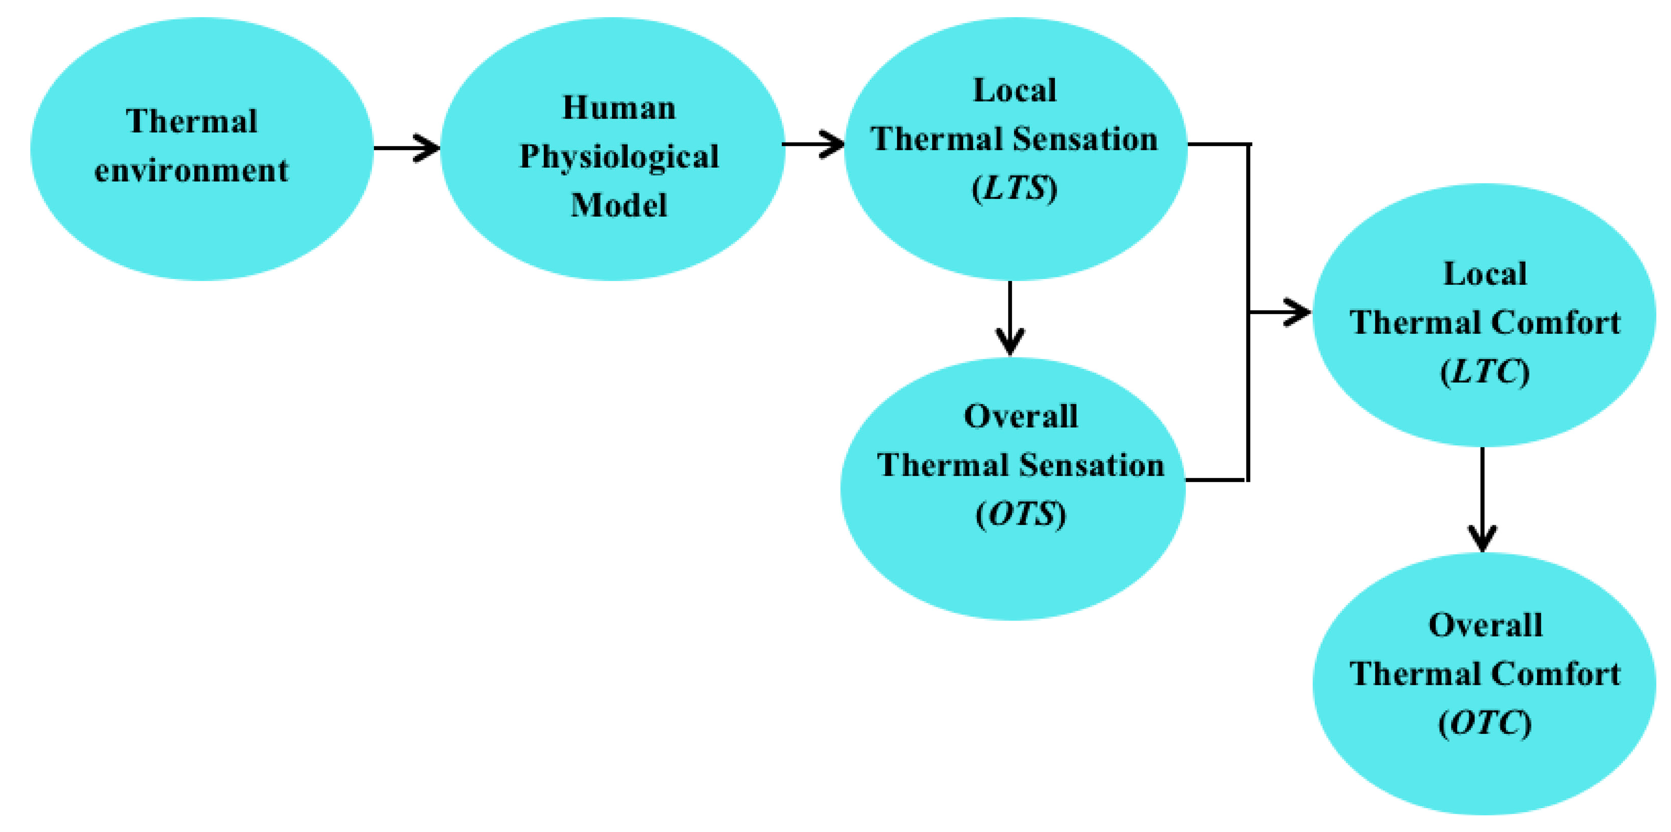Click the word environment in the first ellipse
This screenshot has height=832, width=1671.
[192, 171]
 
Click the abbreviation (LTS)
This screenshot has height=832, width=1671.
[1015, 189]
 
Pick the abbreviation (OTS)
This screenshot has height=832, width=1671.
[1020, 515]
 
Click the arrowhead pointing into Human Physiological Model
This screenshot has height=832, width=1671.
[428, 148]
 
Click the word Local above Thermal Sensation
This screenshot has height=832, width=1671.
[1015, 90]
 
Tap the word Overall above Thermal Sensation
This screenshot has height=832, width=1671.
[1020, 416]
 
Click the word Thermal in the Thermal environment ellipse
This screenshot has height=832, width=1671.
[192, 121]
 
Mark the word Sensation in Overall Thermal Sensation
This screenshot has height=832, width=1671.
[1092, 466]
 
